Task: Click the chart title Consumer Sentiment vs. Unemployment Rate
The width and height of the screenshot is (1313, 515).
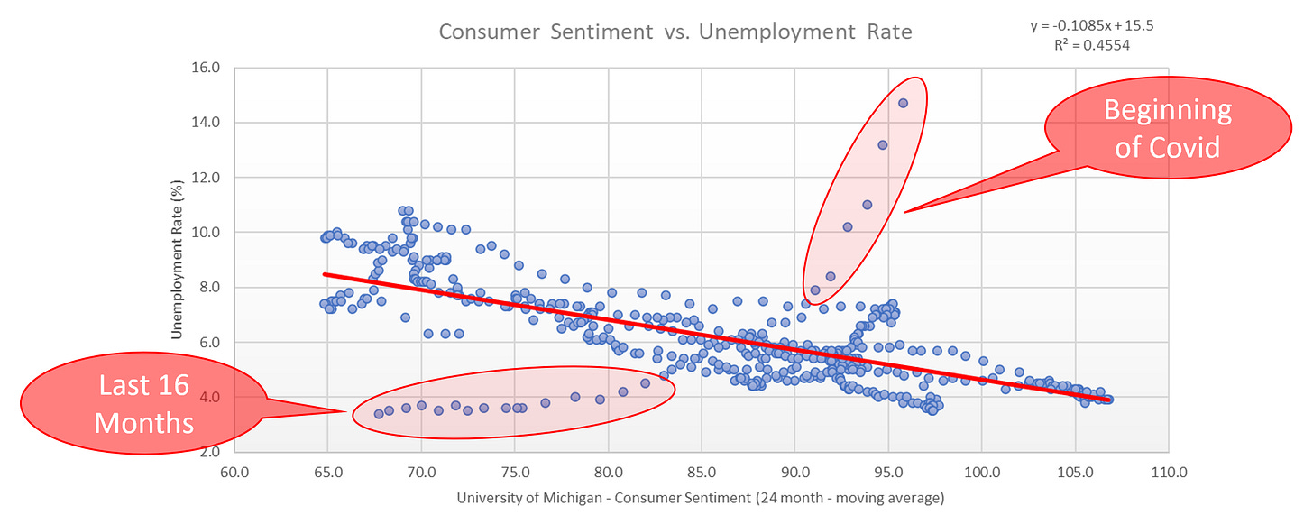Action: point(675,32)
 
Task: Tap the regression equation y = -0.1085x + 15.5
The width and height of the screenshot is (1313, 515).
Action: point(1092,25)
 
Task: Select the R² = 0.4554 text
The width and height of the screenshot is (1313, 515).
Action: point(1092,43)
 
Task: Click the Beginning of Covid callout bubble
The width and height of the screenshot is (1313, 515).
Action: point(1167,128)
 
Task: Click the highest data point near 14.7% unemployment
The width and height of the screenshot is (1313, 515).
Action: point(903,103)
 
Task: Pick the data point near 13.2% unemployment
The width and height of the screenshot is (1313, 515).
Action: point(882,144)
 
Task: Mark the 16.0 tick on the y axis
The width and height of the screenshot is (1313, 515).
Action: point(207,68)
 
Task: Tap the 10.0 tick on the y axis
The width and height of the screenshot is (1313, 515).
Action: point(207,232)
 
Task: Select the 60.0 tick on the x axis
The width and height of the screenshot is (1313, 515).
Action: point(234,471)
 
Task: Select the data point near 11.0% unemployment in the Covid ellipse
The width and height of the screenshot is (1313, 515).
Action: point(867,205)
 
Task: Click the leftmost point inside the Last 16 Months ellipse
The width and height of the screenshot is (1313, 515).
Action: point(379,413)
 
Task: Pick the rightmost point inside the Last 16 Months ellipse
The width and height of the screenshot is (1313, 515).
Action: point(645,382)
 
